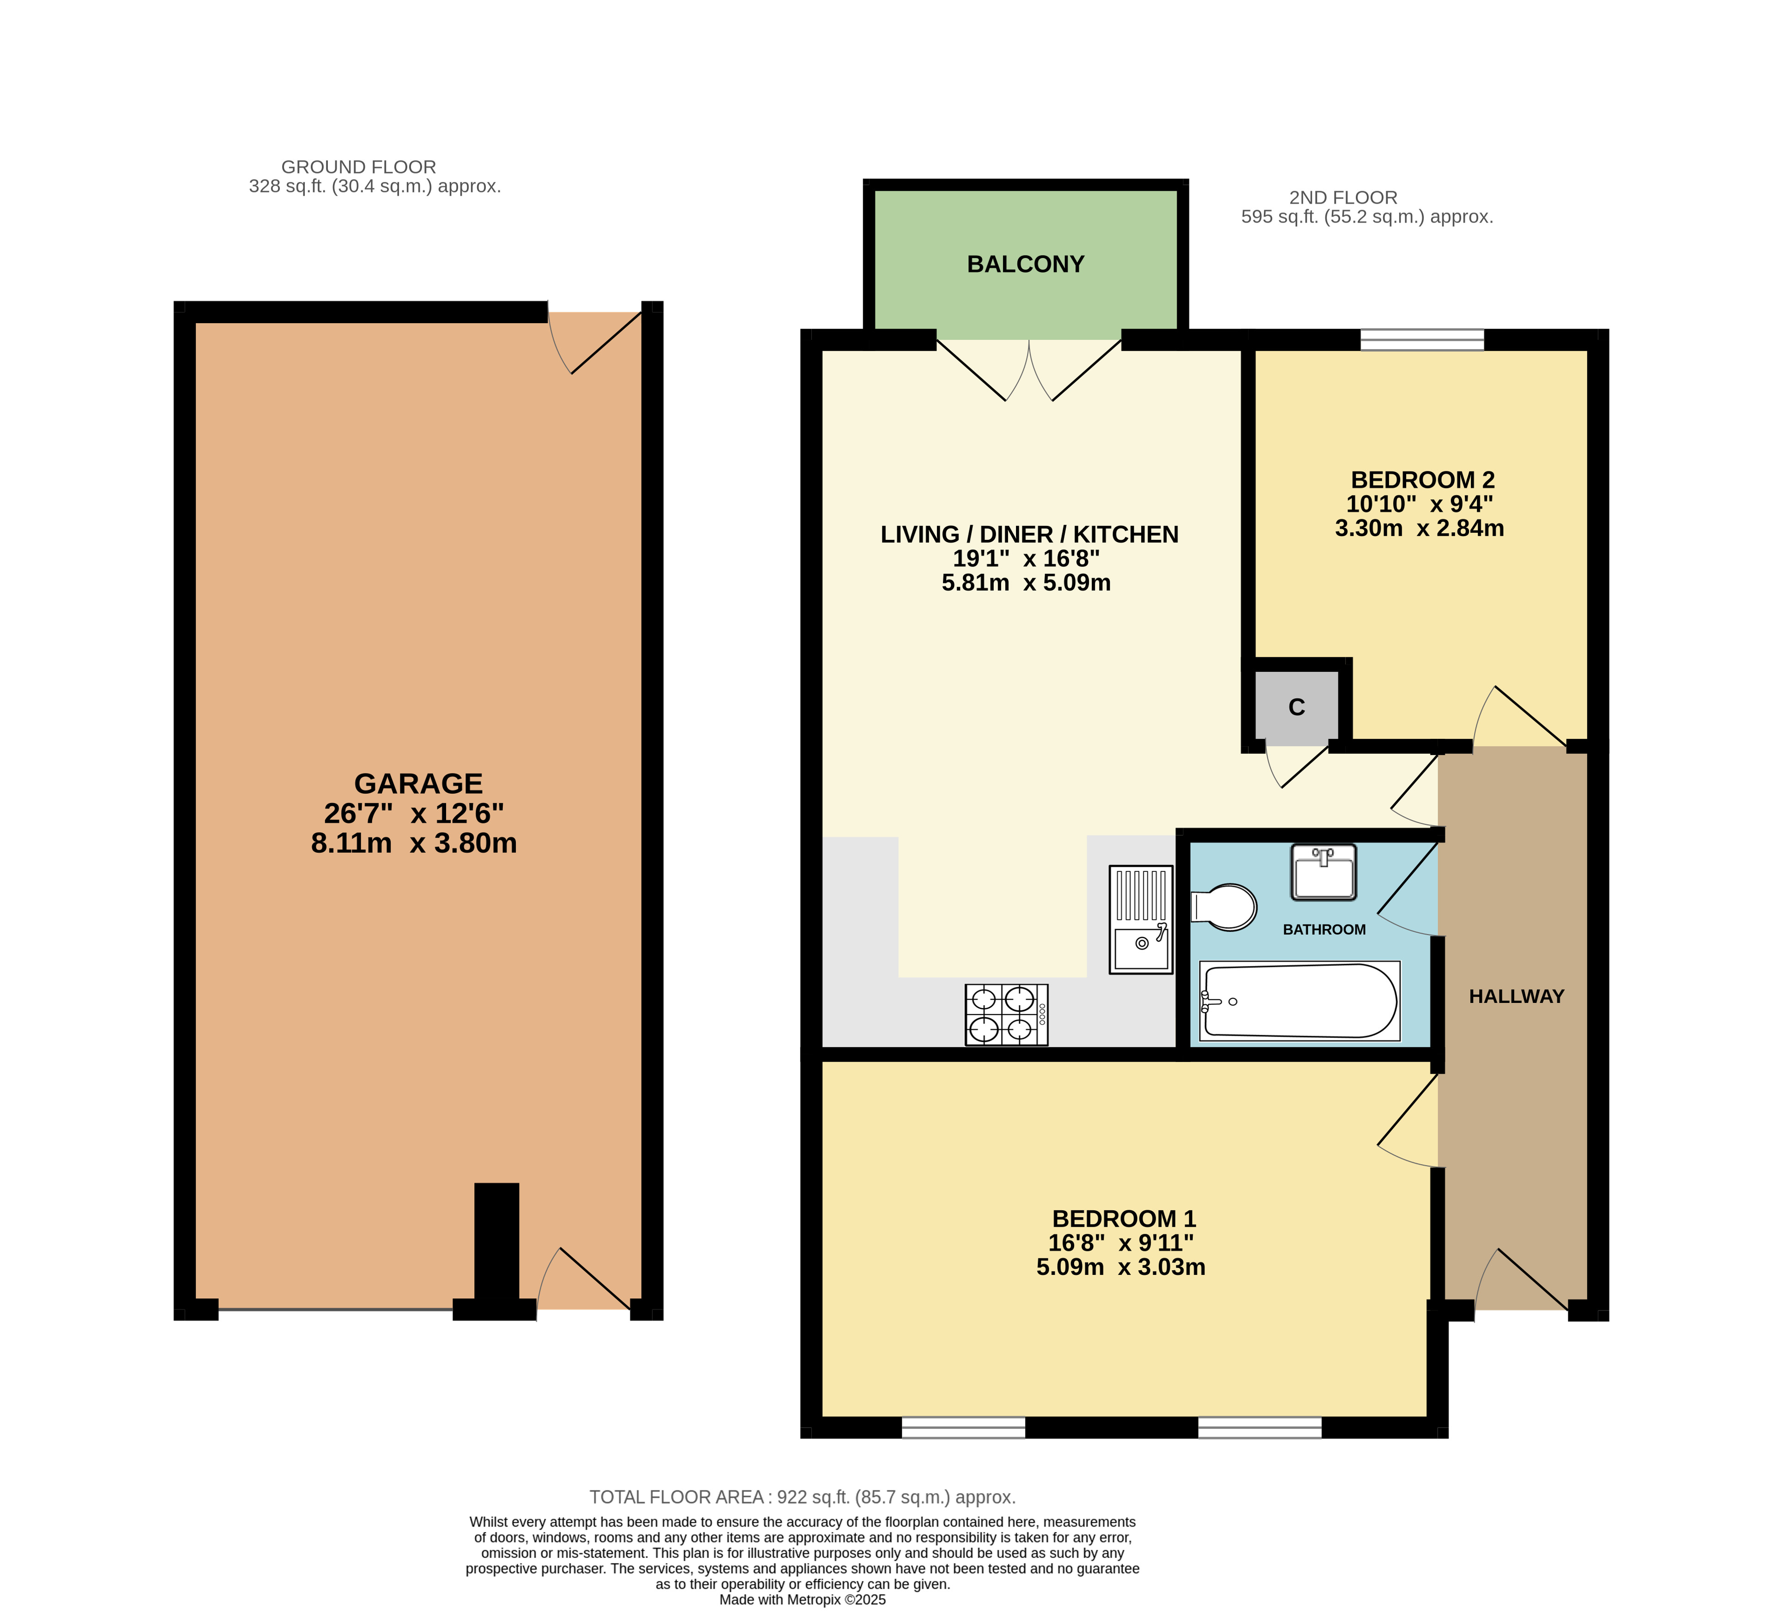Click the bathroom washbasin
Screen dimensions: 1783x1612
click(1323, 873)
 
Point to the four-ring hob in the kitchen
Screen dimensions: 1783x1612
click(1006, 1015)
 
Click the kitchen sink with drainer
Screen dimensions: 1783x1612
click(1141, 920)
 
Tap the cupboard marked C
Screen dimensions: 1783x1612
click(1297, 707)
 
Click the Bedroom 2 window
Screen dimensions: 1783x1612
click(1422, 339)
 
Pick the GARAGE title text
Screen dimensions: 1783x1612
click(418, 784)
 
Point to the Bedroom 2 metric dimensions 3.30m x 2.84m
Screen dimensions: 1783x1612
click(1420, 528)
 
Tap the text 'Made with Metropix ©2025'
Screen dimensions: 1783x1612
click(802, 1600)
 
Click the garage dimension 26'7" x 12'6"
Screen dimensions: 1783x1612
click(414, 814)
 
